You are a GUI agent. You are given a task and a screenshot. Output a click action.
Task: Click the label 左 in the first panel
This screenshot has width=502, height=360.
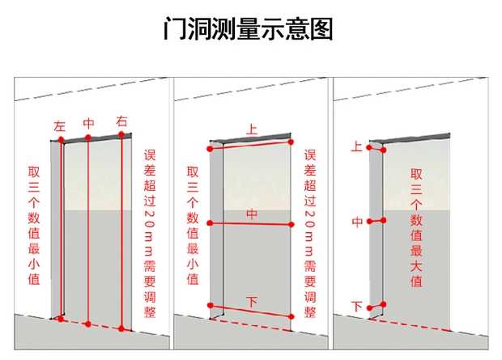[59, 126]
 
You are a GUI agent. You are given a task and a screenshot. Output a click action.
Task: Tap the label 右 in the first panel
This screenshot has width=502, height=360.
[122, 121]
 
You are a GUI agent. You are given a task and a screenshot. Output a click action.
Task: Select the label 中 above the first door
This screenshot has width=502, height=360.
[89, 123]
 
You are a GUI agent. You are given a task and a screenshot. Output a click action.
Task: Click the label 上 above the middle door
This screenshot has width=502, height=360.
[252, 128]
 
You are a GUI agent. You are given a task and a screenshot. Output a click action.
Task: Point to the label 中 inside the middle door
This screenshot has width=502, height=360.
[252, 214]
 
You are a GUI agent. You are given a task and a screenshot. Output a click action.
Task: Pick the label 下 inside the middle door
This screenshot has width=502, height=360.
[252, 302]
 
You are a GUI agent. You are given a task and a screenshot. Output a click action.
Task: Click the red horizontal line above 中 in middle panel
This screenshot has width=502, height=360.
[251, 223]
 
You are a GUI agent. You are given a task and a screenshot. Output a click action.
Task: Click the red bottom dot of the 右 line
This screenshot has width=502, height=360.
[121, 328]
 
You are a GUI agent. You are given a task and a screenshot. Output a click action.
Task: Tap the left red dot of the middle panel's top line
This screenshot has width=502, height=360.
[211, 149]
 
